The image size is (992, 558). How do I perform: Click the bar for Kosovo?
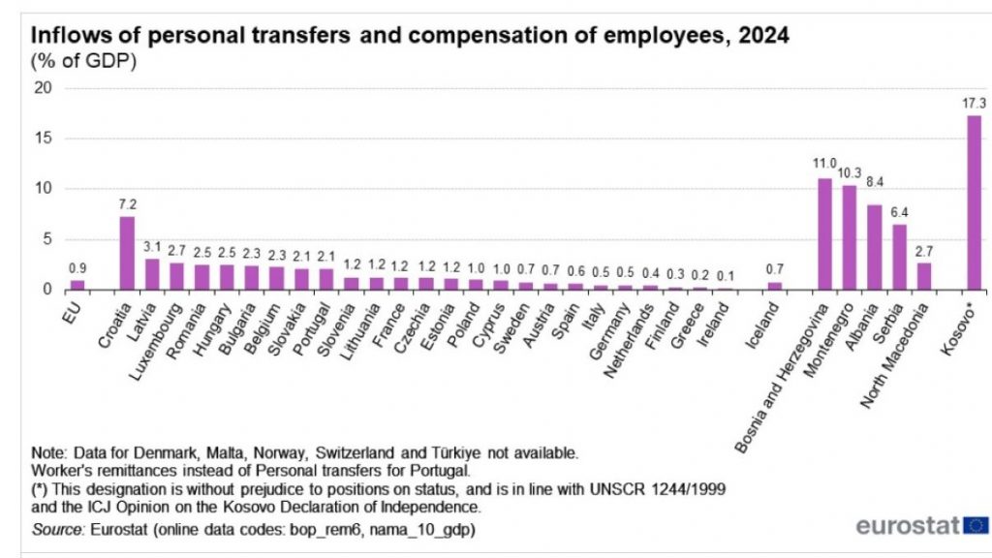click(974, 202)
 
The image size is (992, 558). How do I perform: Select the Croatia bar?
click(127, 253)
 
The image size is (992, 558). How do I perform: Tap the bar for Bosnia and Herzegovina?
click(824, 233)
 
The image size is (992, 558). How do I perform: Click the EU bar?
click(77, 285)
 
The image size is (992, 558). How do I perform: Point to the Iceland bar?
click(774, 286)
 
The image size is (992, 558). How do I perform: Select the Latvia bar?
click(152, 274)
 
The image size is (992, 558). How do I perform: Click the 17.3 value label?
click(973, 104)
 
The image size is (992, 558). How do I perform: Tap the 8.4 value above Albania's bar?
click(875, 193)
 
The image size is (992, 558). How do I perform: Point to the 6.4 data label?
click(900, 213)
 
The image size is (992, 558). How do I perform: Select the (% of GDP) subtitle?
click(84, 62)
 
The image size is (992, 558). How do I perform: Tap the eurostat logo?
click(921, 526)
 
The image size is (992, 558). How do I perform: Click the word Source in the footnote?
click(58, 529)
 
